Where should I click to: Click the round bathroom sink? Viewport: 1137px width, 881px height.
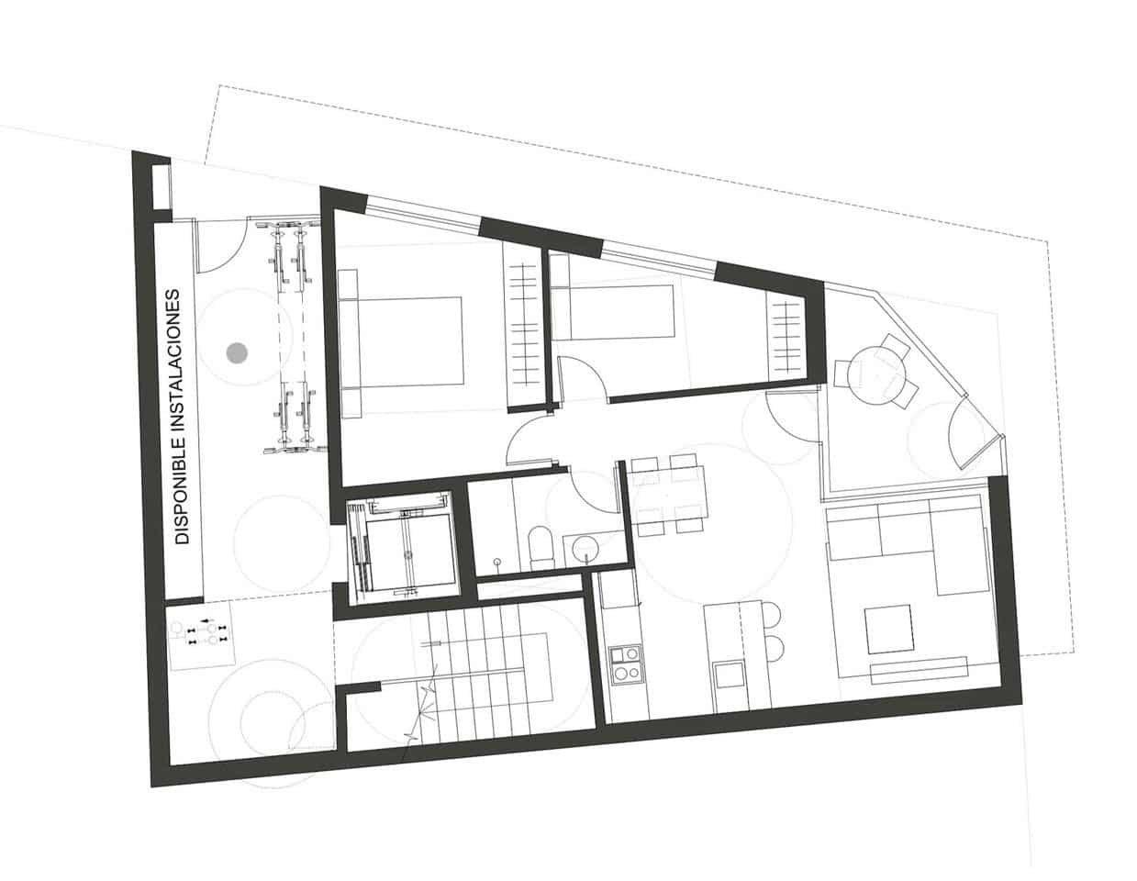pos(584,549)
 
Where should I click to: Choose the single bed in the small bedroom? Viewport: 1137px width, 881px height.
pos(615,313)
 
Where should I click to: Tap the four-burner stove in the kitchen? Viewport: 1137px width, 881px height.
pos(626,663)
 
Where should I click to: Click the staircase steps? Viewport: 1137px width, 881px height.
pos(486,675)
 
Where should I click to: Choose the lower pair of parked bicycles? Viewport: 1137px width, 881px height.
pos(295,418)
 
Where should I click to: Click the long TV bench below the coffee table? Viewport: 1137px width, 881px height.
pos(918,668)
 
